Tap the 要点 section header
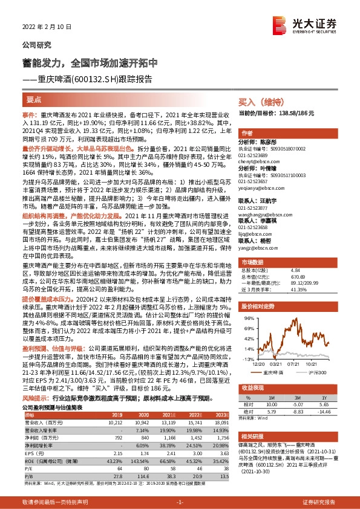pyautogui.click(x=34, y=98)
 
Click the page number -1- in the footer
pyautogui.click(x=180, y=502)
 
